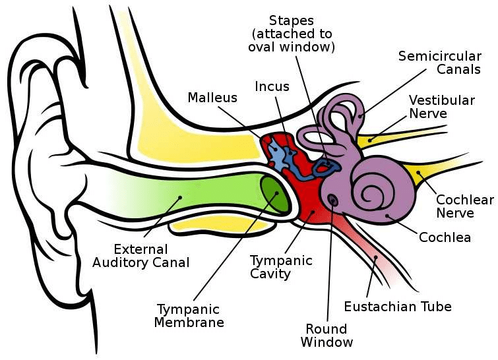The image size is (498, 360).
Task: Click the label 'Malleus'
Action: click(212, 98)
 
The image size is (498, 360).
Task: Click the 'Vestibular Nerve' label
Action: click(441, 107)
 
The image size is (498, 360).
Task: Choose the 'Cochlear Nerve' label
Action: click(464, 206)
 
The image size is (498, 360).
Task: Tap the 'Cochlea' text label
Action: click(445, 237)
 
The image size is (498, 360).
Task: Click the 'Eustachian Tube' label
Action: click(397, 307)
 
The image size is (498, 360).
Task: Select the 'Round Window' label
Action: click(327, 336)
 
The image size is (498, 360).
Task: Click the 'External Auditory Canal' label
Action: click(150, 256)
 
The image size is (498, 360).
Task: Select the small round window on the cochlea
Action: click(332, 199)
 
